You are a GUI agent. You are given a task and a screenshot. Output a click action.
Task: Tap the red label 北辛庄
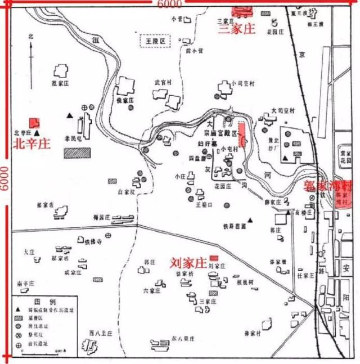coord(31,143)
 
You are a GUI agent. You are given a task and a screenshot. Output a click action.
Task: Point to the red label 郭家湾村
coord(326,185)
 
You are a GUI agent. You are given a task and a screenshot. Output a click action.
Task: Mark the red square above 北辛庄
coord(35,122)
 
